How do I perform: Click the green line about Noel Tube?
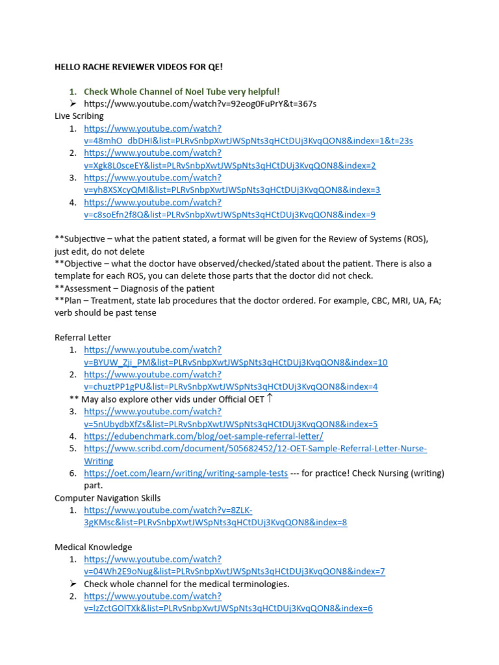181,92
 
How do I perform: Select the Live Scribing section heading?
79,116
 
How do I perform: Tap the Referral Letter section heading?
83,337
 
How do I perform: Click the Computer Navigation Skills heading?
107,498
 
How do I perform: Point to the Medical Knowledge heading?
93,547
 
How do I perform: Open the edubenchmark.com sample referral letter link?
203,436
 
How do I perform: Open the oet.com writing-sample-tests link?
186,473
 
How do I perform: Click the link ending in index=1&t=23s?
248,141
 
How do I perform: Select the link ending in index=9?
229,214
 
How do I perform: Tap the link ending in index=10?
235,362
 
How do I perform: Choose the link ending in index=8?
215,522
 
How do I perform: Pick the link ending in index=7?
234,571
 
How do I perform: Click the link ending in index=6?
228,609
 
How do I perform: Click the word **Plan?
68,301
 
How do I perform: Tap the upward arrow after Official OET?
270,398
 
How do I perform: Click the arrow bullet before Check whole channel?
73,584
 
